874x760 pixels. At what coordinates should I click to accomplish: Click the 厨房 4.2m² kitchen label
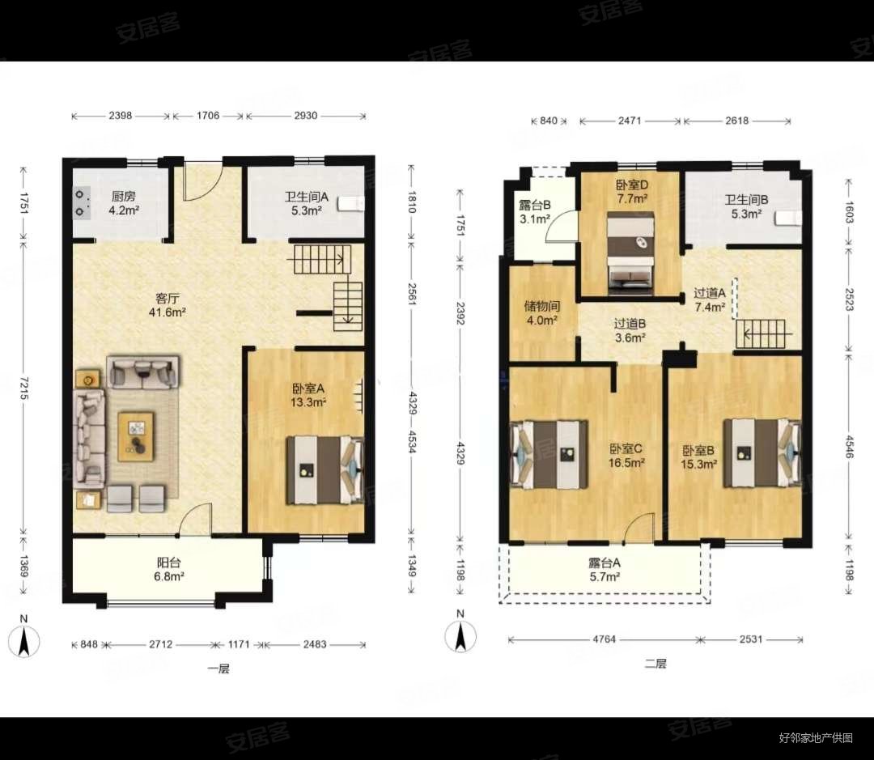coord(124,203)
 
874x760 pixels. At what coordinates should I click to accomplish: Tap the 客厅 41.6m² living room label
coord(168,305)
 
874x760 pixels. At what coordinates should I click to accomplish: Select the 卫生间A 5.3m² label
coord(306,203)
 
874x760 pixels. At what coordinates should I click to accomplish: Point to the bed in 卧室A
coord(325,470)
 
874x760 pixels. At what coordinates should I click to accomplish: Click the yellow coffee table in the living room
coord(136,436)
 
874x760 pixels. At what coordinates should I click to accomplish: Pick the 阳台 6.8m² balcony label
coord(168,569)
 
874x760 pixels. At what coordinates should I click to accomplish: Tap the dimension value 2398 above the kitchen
coord(121,116)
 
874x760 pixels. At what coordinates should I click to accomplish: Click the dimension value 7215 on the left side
coord(23,388)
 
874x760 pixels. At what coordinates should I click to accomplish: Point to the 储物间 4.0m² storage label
coord(541,312)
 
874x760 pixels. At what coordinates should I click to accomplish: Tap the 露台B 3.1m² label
coord(535,212)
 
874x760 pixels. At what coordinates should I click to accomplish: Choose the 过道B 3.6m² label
coord(630,330)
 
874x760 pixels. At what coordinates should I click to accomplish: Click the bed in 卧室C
coord(549,454)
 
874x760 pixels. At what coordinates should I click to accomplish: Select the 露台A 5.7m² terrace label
coord(605,569)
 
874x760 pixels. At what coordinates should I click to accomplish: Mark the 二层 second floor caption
coord(655,664)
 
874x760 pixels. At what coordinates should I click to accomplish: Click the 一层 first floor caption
coord(218,669)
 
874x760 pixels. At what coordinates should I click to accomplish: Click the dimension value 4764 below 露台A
coord(605,639)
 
